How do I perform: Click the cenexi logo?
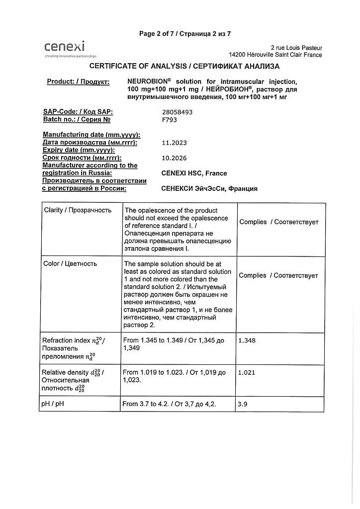pyautogui.click(x=65, y=48)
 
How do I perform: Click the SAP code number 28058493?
pyautogui.click(x=177, y=112)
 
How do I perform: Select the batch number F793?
pyautogui.click(x=170, y=120)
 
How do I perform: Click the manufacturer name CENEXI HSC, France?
pyautogui.click(x=194, y=173)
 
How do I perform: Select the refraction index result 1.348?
pyautogui.click(x=247, y=340)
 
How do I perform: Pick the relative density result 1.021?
pyautogui.click(x=247, y=372)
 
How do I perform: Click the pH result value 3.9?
pyautogui.click(x=243, y=404)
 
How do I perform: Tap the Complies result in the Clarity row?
pyautogui.click(x=279, y=222)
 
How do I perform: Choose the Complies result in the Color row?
pyautogui.click(x=278, y=275)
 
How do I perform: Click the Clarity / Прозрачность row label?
pyautogui.click(x=77, y=210)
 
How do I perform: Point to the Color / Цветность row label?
pyautogui.click(x=70, y=263)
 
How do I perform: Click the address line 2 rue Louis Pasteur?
pyautogui.click(x=296, y=48)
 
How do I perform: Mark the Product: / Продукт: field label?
pyautogui.click(x=78, y=82)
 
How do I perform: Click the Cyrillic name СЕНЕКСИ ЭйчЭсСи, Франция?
pyautogui.click(x=209, y=189)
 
